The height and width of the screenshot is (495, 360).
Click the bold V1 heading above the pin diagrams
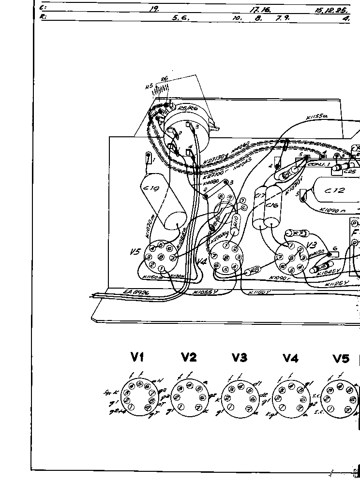point(137,358)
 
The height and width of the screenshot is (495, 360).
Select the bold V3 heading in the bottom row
point(239,358)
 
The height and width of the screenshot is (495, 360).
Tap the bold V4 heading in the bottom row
point(290,358)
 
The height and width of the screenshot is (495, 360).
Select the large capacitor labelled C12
point(335,190)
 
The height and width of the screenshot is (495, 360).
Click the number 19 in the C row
point(154,9)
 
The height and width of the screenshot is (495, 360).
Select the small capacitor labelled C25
point(349,169)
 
